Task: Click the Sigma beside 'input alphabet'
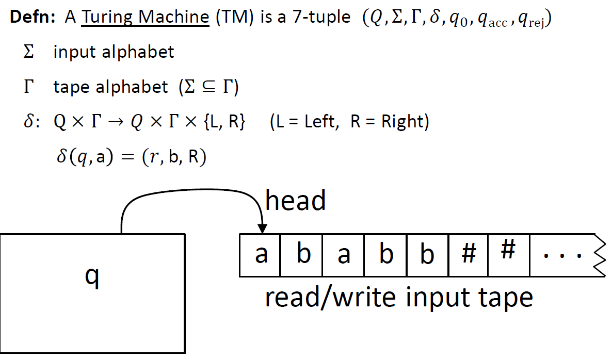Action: coord(29,52)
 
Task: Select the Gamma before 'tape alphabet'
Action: coord(28,87)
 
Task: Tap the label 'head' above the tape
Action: coord(296,200)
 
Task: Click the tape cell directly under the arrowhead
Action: coord(261,255)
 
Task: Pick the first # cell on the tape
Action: coord(468,255)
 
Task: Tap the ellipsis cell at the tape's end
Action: coord(562,255)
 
